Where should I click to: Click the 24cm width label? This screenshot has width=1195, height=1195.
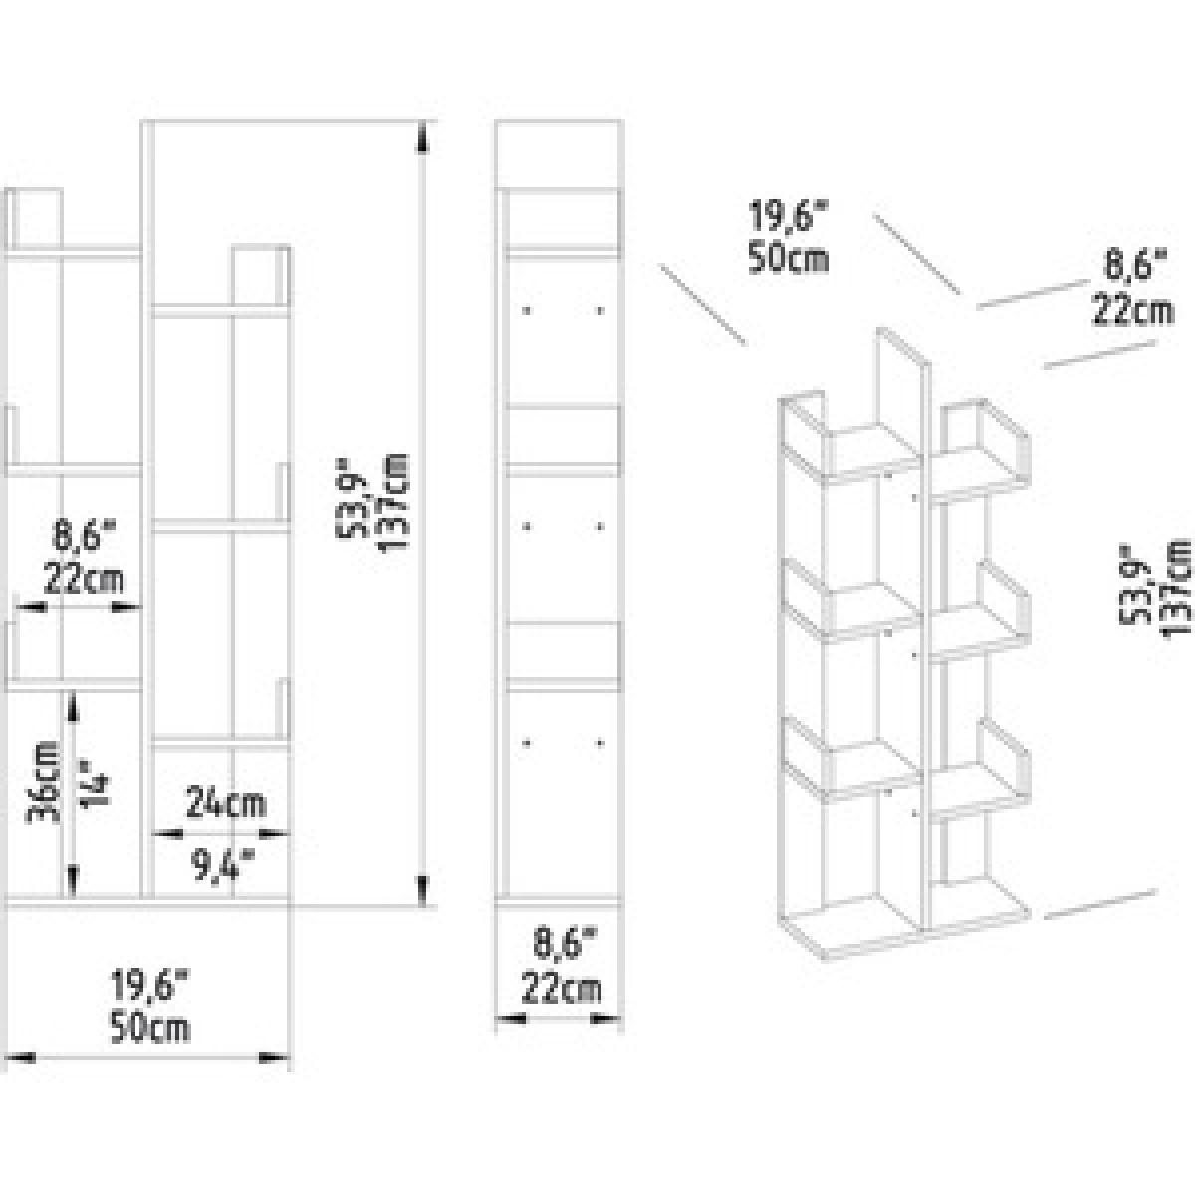226,804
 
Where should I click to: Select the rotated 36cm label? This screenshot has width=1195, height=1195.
45,785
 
